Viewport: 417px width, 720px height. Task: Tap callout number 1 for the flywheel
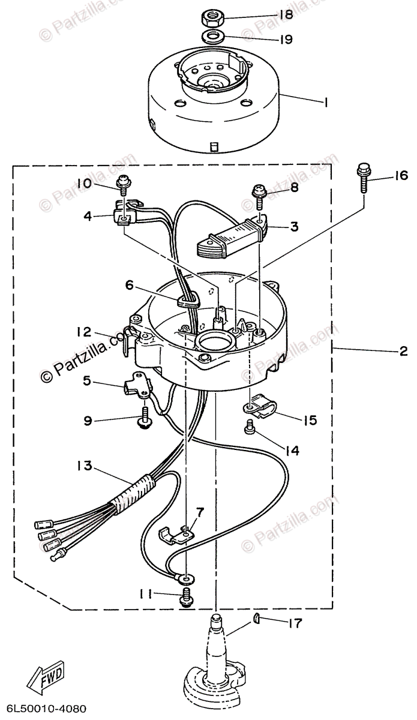pyautogui.click(x=325, y=103)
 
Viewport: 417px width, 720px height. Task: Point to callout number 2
pyautogui.click(x=403, y=352)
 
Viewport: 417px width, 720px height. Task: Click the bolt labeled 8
pyautogui.click(x=259, y=193)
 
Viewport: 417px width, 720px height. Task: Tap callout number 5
pyautogui.click(x=86, y=380)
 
